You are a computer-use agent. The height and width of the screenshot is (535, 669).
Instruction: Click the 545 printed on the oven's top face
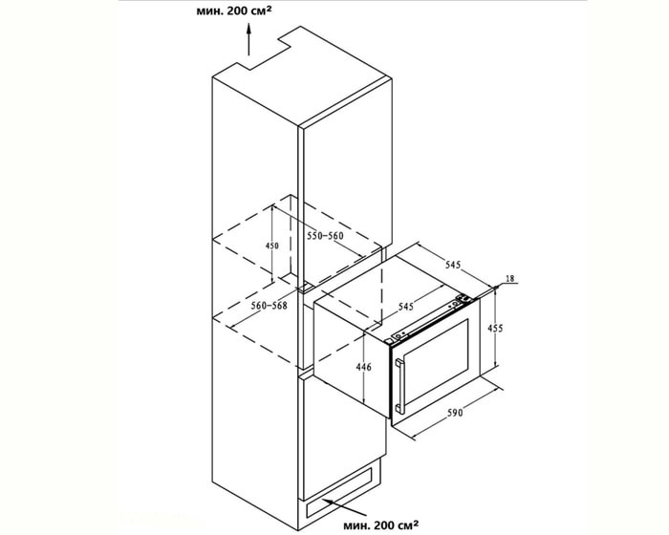pos(405,307)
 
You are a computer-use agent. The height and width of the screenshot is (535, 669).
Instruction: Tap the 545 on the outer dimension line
pos(453,262)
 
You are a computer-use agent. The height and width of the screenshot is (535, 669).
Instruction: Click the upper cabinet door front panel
pos(344,182)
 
